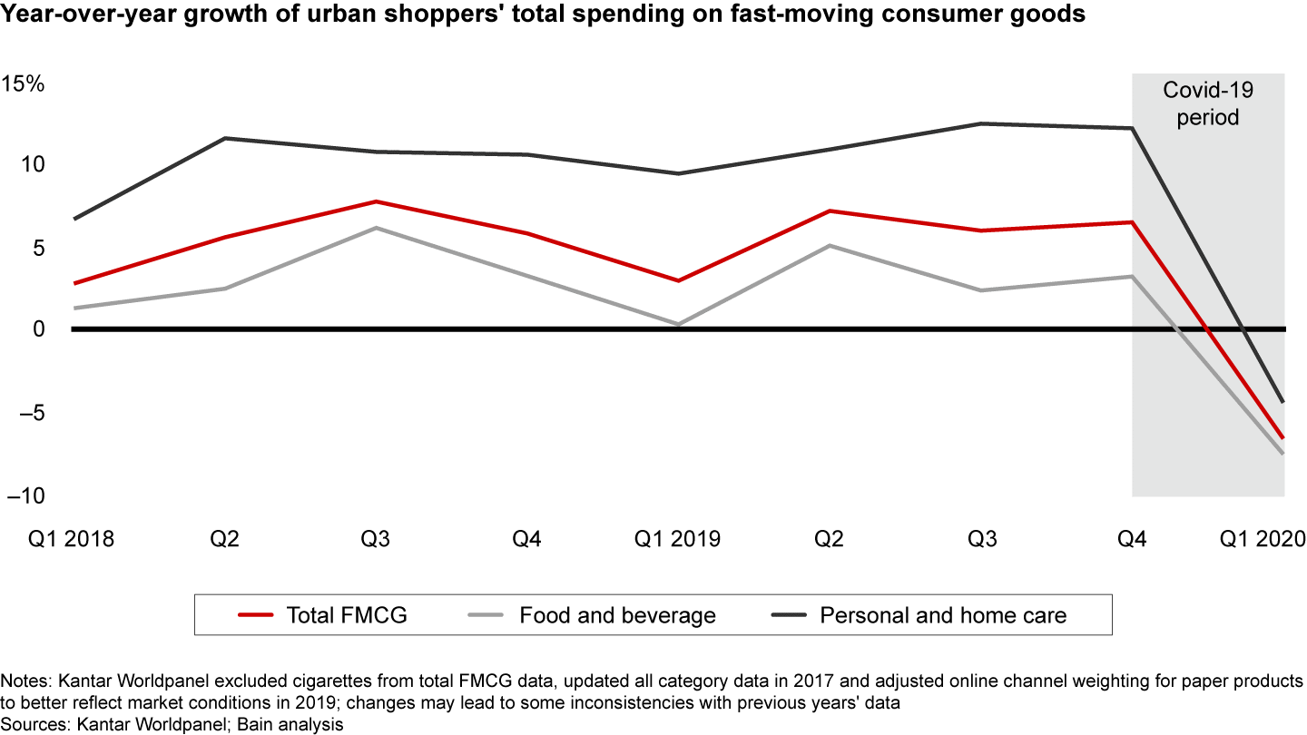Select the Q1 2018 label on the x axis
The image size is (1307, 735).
click(x=71, y=539)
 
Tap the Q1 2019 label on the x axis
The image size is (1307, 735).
click(x=677, y=539)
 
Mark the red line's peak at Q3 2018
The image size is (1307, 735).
click(x=376, y=201)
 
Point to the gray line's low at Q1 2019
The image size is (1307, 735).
click(x=678, y=324)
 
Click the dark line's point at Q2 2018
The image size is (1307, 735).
click(x=225, y=138)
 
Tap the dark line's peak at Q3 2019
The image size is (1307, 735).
click(x=981, y=123)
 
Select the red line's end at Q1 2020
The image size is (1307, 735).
click(x=1283, y=437)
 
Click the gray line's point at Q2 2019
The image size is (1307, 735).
click(x=830, y=245)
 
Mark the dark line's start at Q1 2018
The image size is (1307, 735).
click(x=74, y=219)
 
